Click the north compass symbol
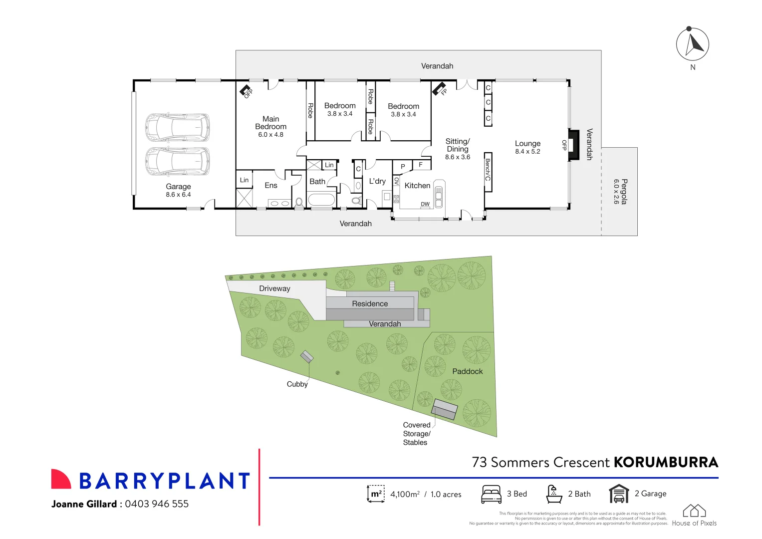pos(692,44)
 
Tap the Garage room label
pos(178,187)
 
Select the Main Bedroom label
pos(270,123)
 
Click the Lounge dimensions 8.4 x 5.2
pos(527,152)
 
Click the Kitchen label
pos(417,186)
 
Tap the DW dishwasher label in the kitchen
pos(425,204)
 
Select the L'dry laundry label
pos(377,181)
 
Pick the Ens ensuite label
pos(271,186)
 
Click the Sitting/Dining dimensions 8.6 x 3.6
pos(458,157)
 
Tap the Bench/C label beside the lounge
pos(488,170)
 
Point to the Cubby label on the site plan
pos(297,384)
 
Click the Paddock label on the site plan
pos(467,371)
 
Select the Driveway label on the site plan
pos(274,288)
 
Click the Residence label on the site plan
pos(370,303)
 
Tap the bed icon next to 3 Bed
pos(491,494)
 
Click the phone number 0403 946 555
pos(157,504)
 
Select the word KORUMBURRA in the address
pos(666,463)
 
